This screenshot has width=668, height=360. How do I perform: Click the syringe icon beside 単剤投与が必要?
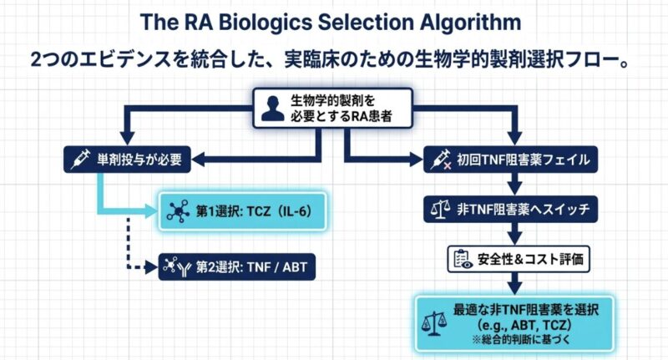81,157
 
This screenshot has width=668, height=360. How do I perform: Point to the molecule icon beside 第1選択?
176,212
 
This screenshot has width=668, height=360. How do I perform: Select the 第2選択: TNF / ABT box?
238,267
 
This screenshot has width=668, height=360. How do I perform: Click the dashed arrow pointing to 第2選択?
129,251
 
